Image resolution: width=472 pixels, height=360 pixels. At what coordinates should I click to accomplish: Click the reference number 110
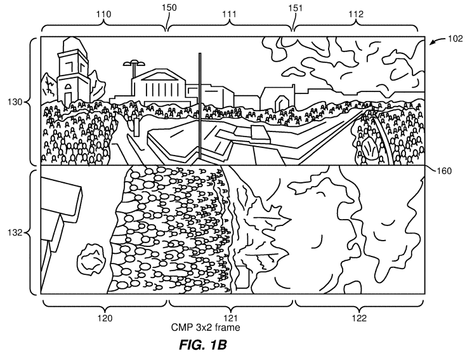(103, 14)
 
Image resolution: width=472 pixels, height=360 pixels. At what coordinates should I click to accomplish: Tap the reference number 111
(230, 14)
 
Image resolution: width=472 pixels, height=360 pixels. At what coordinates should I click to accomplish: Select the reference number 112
(356, 14)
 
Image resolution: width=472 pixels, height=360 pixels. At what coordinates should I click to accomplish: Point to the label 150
(169, 8)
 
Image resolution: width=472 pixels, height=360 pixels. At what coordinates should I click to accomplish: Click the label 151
(295, 8)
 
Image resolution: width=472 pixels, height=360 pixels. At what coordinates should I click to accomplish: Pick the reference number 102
(455, 39)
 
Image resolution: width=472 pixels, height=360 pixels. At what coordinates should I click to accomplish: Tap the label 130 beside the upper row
(15, 102)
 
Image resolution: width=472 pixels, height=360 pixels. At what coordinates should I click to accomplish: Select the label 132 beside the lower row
(15, 232)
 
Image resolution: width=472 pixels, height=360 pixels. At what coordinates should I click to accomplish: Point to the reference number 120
(105, 318)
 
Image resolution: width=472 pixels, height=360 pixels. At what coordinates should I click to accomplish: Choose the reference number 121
(230, 318)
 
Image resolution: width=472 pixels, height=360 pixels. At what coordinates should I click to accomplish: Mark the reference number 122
(359, 318)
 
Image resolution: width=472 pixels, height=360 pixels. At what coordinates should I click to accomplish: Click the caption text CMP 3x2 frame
(206, 328)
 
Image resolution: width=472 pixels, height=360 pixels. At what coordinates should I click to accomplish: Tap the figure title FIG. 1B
(202, 345)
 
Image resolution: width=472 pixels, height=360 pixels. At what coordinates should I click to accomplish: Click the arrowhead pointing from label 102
(431, 43)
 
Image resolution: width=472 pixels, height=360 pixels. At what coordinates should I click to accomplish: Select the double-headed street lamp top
(133, 63)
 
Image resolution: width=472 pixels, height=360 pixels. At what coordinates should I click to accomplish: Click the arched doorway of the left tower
(69, 93)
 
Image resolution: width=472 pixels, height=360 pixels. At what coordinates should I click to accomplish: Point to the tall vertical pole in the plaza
(200, 105)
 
